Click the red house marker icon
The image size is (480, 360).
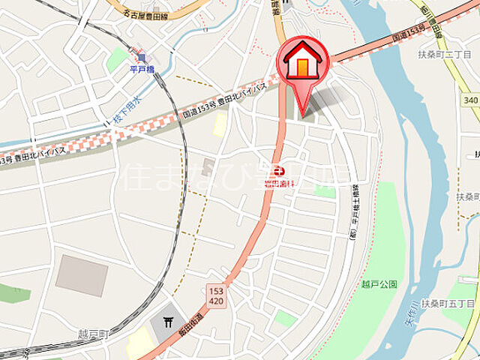click(x=303, y=62)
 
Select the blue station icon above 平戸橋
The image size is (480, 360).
click(x=141, y=58)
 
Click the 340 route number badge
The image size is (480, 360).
click(x=471, y=99)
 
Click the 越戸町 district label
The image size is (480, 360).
click(x=93, y=334)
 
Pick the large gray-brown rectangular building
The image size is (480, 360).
click(x=82, y=275)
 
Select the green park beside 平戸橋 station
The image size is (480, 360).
click(x=117, y=60)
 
